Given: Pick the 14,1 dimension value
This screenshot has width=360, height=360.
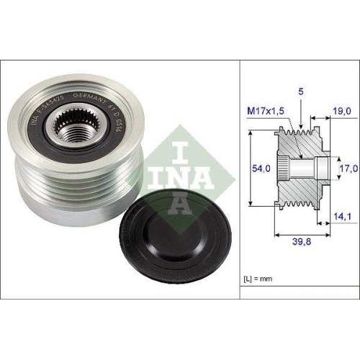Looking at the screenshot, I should point(343,214).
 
